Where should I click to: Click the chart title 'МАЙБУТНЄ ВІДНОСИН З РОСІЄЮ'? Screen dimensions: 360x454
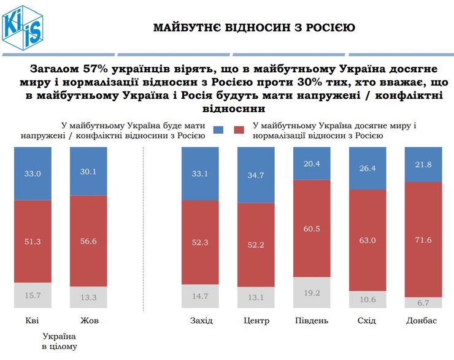[x=253, y=28]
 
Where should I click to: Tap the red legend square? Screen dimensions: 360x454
[x=239, y=130]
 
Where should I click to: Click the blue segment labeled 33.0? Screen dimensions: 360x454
[x=33, y=174]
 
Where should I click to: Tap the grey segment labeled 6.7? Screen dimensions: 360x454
[x=423, y=303]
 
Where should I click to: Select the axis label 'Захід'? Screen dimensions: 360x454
[x=202, y=321]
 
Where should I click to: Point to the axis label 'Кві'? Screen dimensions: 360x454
[x=33, y=321]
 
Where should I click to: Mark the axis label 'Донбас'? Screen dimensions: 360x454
[x=422, y=321]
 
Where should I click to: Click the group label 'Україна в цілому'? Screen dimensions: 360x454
[x=60, y=342]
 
